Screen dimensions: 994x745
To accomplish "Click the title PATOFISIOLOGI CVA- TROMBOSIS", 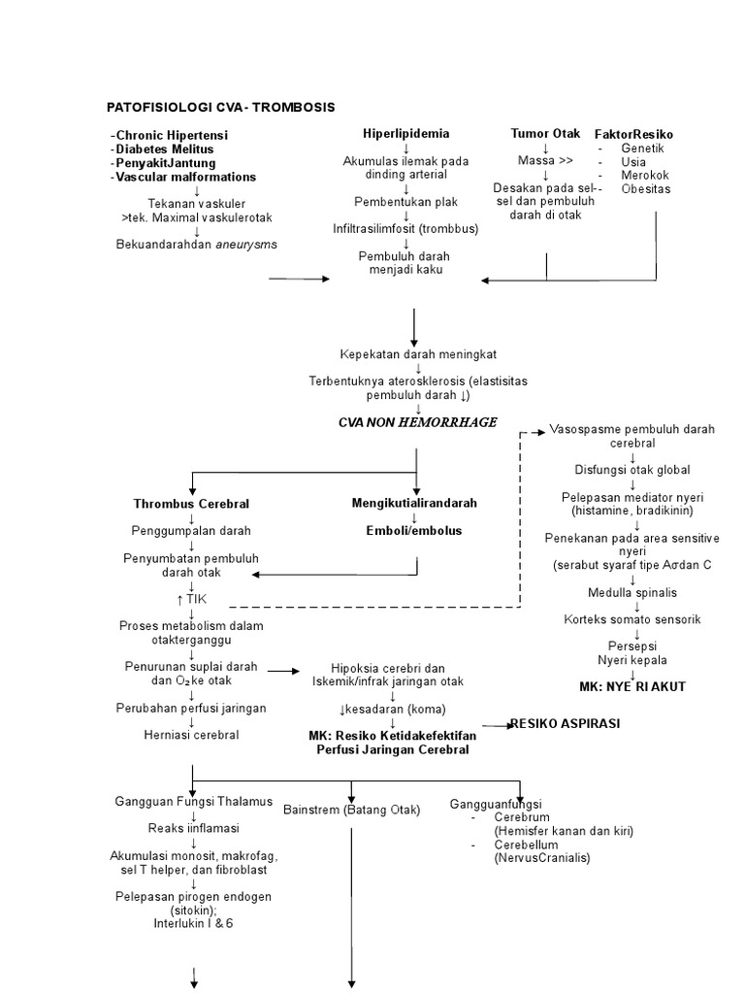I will tap(220, 107).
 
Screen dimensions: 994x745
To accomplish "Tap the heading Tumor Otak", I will tap(544, 133).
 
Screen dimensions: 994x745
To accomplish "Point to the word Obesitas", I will tap(646, 188).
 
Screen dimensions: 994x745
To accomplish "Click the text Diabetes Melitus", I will tap(164, 149).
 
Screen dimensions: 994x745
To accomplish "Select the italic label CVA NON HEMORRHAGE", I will tap(417, 422).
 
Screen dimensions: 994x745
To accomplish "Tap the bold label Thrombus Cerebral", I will tap(191, 504).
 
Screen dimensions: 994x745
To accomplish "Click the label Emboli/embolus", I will tap(414, 531).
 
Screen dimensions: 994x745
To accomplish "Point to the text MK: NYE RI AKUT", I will tap(632, 686).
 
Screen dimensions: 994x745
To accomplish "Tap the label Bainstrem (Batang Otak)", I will tap(352, 810).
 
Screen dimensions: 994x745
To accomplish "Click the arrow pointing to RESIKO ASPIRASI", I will tap(496, 725).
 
